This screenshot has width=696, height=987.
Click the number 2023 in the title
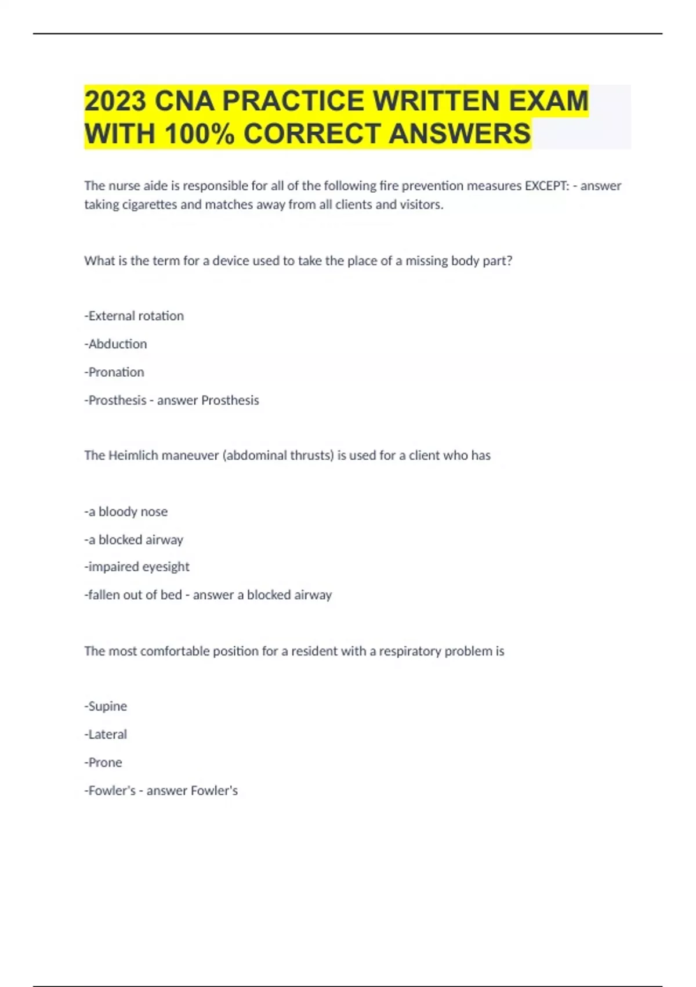[115, 101]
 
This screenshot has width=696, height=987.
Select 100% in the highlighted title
[200, 134]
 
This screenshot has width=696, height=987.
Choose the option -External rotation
[134, 316]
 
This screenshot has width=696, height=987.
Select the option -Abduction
[115, 344]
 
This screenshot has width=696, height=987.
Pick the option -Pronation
[114, 372]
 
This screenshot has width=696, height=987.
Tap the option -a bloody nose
[126, 511]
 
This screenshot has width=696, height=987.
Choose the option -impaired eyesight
[137, 567]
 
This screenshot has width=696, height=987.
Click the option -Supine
[106, 707]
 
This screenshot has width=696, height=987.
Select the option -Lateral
[106, 734]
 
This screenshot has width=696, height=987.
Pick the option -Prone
[103, 762]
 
